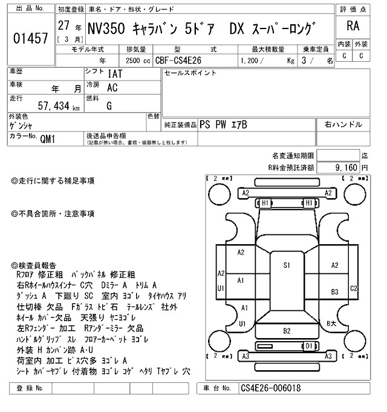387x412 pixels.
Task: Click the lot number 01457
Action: tap(30, 38)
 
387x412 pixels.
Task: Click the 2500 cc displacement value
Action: tap(132, 61)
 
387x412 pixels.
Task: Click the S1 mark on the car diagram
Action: tap(287, 265)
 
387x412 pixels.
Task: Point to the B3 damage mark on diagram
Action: tap(334, 292)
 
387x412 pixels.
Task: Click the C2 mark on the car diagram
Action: tap(354, 288)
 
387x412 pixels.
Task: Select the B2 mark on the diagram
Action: tap(287, 330)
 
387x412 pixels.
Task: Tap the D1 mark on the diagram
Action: tap(309, 345)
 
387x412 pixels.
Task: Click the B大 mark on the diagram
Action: tap(331, 324)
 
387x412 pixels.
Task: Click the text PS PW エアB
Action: tap(223, 124)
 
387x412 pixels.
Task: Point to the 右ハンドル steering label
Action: tap(343, 124)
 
